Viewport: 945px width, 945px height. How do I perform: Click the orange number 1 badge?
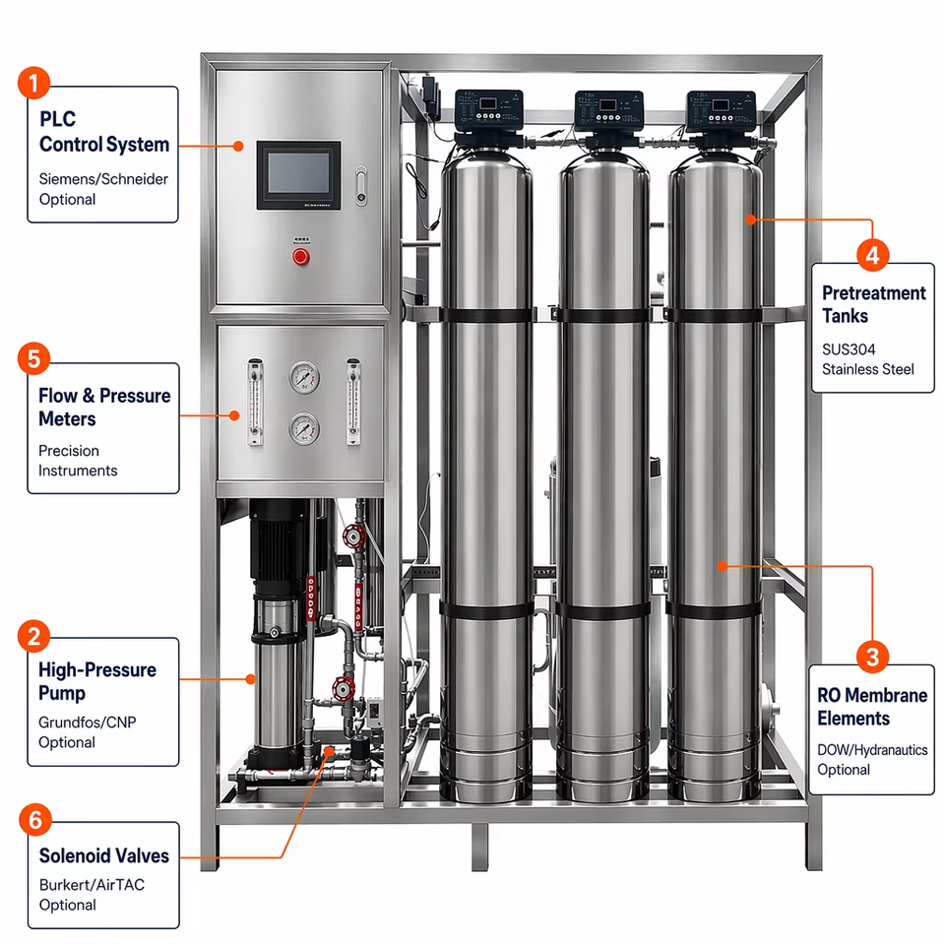click(33, 83)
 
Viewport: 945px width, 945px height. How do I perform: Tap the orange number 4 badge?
click(872, 255)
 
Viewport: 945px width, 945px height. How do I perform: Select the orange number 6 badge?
click(35, 820)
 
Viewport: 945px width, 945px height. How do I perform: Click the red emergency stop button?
click(301, 257)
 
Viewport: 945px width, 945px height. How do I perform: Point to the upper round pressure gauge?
click(304, 377)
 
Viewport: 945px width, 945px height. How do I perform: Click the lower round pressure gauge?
click(304, 429)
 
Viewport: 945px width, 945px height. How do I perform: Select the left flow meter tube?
click(256, 402)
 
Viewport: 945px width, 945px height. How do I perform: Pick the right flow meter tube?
click(353, 402)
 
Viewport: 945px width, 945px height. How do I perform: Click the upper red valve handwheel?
click(353, 535)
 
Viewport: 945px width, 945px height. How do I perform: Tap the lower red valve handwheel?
click(344, 689)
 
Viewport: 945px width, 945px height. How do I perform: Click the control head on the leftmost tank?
click(489, 111)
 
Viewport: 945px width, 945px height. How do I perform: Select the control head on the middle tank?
click(608, 111)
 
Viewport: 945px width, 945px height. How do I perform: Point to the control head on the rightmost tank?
click(721, 111)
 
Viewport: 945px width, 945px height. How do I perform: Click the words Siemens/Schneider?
click(103, 179)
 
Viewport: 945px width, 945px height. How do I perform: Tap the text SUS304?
click(849, 349)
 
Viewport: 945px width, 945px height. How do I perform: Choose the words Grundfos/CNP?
click(88, 722)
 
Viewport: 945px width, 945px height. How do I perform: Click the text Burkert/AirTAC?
click(92, 885)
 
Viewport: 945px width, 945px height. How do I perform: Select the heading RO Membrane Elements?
click(872, 707)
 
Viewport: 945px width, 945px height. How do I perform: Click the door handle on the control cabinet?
click(361, 186)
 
